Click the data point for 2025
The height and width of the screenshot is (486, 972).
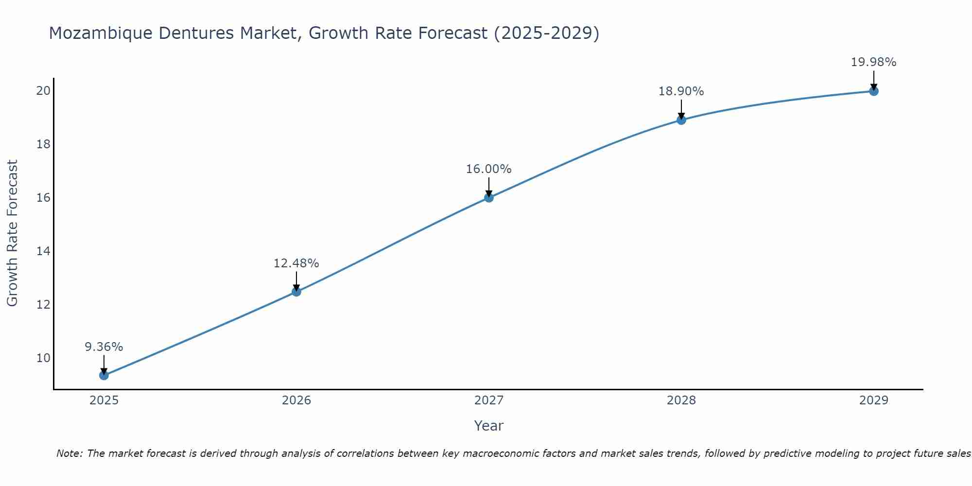point(104,375)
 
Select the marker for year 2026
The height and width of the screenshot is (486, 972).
point(296,292)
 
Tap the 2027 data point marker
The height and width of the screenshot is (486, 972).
point(488,197)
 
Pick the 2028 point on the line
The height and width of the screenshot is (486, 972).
point(681,120)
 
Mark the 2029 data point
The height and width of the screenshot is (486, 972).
point(873,91)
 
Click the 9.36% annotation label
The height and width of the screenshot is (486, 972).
point(104,347)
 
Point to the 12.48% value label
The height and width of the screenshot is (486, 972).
point(296,263)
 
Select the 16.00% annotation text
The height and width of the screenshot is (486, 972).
point(488,169)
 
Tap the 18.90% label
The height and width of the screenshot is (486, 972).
point(681,91)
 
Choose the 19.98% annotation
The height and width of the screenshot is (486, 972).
point(873,62)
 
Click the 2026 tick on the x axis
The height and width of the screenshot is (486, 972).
point(296,400)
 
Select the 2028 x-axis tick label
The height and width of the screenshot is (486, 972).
point(681,400)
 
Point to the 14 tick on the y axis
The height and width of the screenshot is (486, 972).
point(43,251)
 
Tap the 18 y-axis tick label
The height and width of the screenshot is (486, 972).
point(43,144)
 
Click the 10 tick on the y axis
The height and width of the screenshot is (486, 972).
point(43,358)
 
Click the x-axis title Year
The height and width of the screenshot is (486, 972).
point(488,426)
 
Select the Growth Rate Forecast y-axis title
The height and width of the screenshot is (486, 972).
point(13,233)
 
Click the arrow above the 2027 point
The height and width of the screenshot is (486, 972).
point(488,187)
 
